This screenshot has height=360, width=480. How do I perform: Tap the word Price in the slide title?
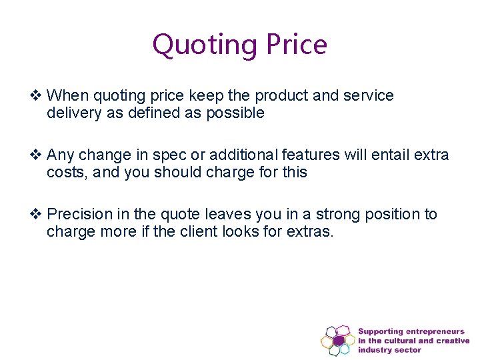[297, 45]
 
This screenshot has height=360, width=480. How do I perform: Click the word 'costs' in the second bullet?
[65, 173]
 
